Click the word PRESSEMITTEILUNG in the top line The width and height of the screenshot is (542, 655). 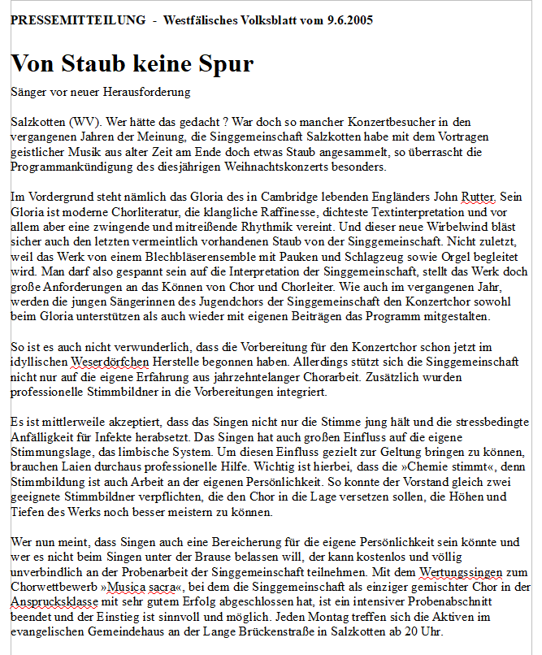(78, 20)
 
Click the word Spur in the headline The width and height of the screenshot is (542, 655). (222, 64)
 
